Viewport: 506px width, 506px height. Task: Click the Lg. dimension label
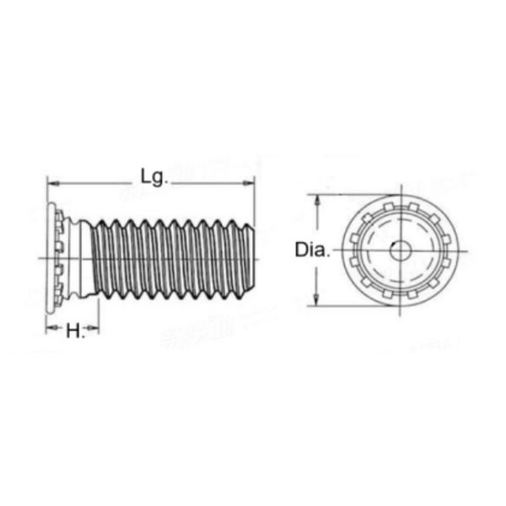153,176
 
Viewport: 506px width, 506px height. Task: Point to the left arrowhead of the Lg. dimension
51,181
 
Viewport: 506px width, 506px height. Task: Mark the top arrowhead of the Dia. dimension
318,200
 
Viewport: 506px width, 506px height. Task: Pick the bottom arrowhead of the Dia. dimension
318,300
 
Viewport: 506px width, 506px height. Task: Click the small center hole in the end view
400,250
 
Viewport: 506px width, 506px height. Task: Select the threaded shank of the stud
169,257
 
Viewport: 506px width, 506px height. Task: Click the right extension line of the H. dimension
99,316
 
